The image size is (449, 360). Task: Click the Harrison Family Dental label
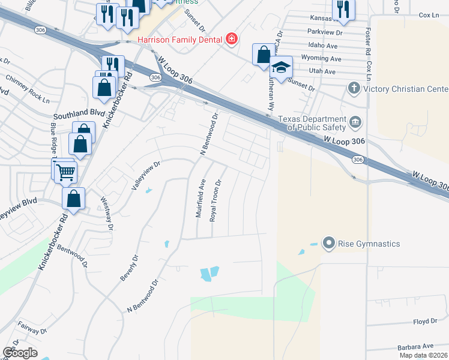pos(179,40)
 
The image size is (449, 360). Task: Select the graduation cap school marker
pos(280,67)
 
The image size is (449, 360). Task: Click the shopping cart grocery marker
pos(65,172)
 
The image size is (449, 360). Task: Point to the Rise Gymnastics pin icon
pos(328,244)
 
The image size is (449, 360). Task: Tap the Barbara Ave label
pos(415,346)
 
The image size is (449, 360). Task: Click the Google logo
pos(20,352)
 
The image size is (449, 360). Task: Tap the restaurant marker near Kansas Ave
pos(343,9)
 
